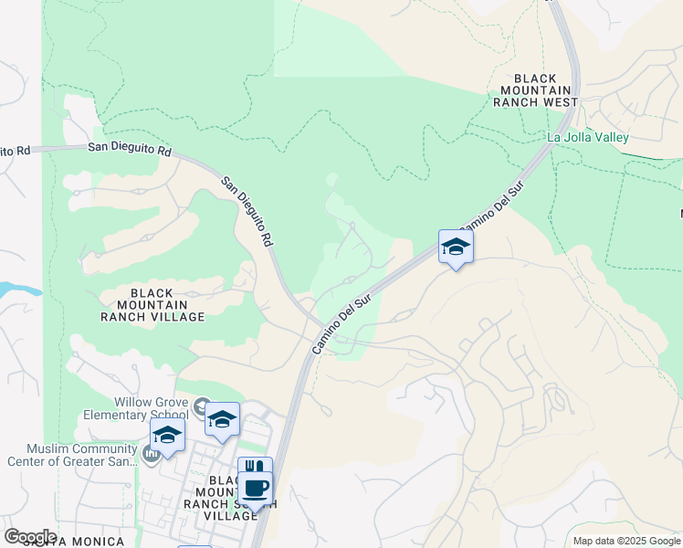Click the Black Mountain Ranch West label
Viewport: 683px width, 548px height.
pos(535,90)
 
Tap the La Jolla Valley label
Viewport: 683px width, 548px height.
pos(587,138)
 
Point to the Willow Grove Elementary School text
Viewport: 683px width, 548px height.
pos(151,408)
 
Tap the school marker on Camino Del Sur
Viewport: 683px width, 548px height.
pos(456,247)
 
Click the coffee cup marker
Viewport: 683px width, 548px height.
pos(257,488)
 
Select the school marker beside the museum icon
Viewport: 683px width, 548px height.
pos(167,435)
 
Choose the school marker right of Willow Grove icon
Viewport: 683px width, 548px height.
pos(222,419)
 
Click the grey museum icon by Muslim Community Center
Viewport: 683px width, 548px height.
pos(152,453)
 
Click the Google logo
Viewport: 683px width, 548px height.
pos(30,537)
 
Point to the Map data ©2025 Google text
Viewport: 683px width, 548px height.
pos(625,541)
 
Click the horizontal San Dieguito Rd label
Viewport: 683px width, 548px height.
pos(130,148)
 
